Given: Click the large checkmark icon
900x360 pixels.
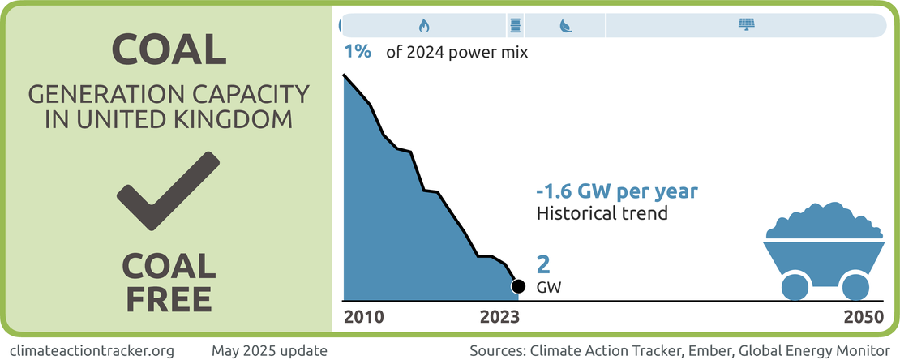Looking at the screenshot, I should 168,190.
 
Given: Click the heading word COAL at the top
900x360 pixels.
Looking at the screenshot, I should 169,50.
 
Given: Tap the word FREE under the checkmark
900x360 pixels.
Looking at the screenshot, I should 169,298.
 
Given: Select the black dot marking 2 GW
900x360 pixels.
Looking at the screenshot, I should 518,286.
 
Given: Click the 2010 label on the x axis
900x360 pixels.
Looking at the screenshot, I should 364,317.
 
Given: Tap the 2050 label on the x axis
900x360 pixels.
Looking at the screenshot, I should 861,317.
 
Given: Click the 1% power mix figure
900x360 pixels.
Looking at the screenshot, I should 358,52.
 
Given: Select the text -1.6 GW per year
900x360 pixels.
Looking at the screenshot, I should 617,193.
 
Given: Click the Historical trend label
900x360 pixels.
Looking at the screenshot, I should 602,214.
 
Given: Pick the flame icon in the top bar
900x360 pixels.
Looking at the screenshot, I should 423,25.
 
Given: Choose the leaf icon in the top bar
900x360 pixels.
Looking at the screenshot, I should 565,25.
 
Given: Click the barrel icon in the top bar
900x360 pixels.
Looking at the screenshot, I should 515,25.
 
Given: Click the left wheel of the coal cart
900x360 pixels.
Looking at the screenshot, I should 795,286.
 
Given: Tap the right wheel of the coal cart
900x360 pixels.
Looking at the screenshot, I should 855,286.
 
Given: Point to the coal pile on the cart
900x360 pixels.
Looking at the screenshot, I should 825,221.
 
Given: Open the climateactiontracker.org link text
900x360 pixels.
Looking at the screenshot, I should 88,350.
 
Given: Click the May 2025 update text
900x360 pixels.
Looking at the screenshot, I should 269,350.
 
